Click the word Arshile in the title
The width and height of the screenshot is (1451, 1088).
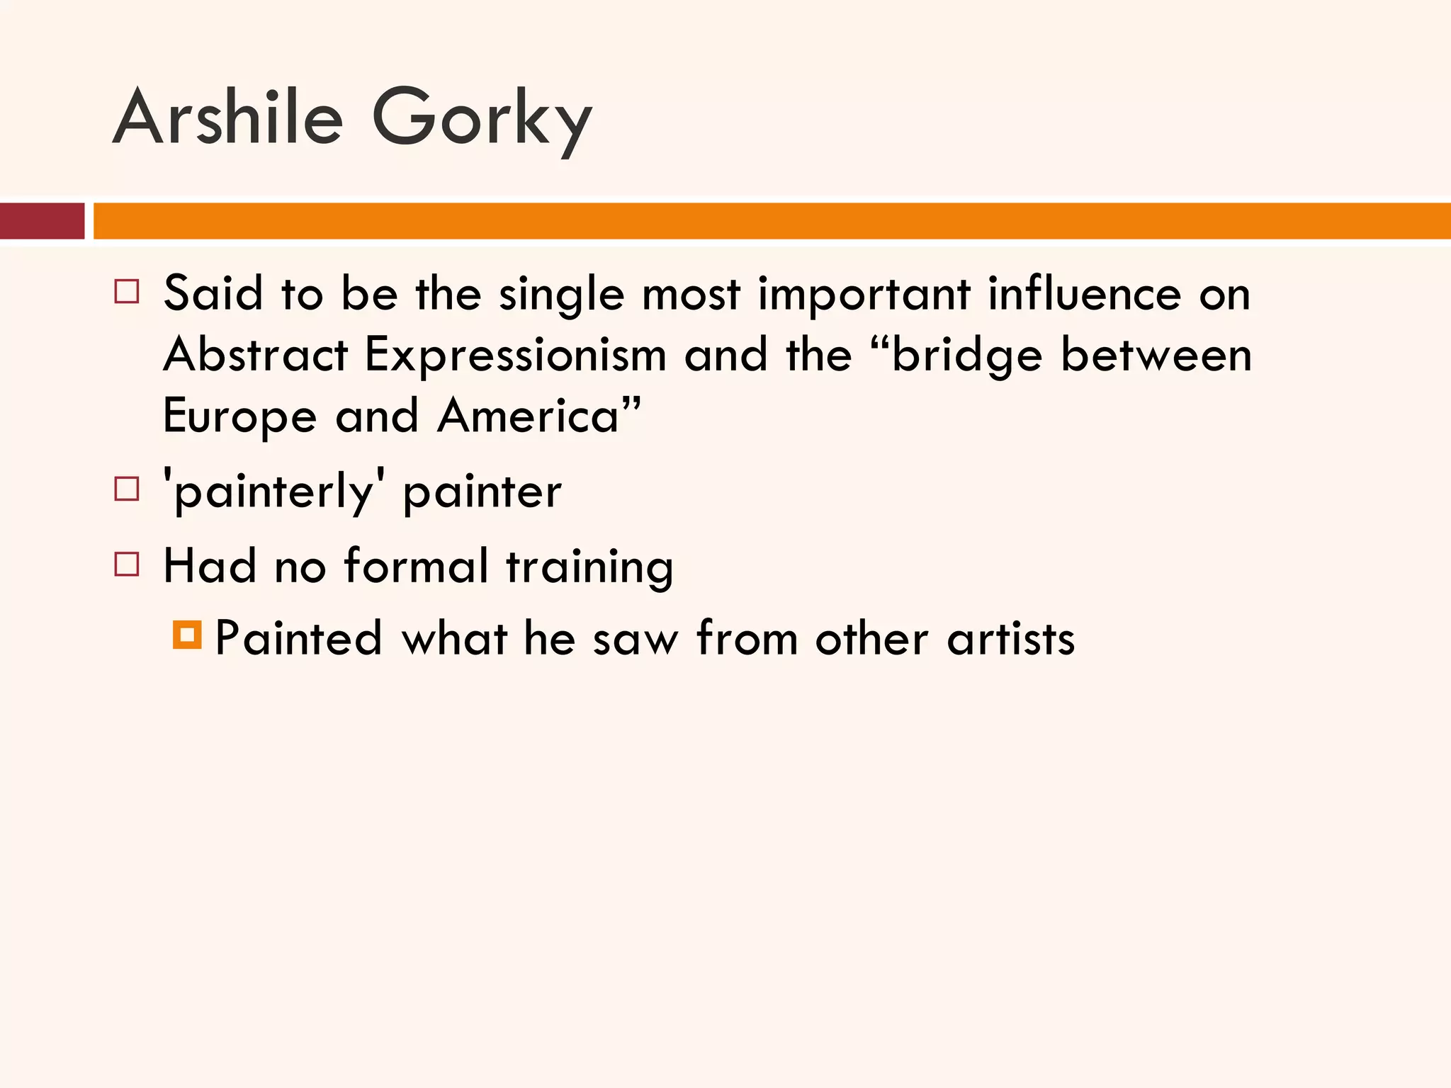tap(228, 117)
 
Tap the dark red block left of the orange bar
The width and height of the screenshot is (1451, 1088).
tap(42, 220)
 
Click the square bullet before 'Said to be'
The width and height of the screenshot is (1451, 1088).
tap(127, 291)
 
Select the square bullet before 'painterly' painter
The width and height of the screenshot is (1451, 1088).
tap(127, 489)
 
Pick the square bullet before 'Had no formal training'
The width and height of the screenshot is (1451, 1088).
tap(127, 564)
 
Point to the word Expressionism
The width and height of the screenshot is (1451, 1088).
tap(515, 355)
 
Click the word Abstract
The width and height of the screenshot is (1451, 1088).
tap(256, 354)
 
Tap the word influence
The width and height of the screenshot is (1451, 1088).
tap(1084, 293)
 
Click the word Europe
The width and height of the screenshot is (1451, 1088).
tap(239, 416)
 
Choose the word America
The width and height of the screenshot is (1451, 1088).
tap(529, 415)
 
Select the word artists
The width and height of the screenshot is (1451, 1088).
tap(1011, 638)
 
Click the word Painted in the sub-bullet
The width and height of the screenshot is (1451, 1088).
tap(298, 637)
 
